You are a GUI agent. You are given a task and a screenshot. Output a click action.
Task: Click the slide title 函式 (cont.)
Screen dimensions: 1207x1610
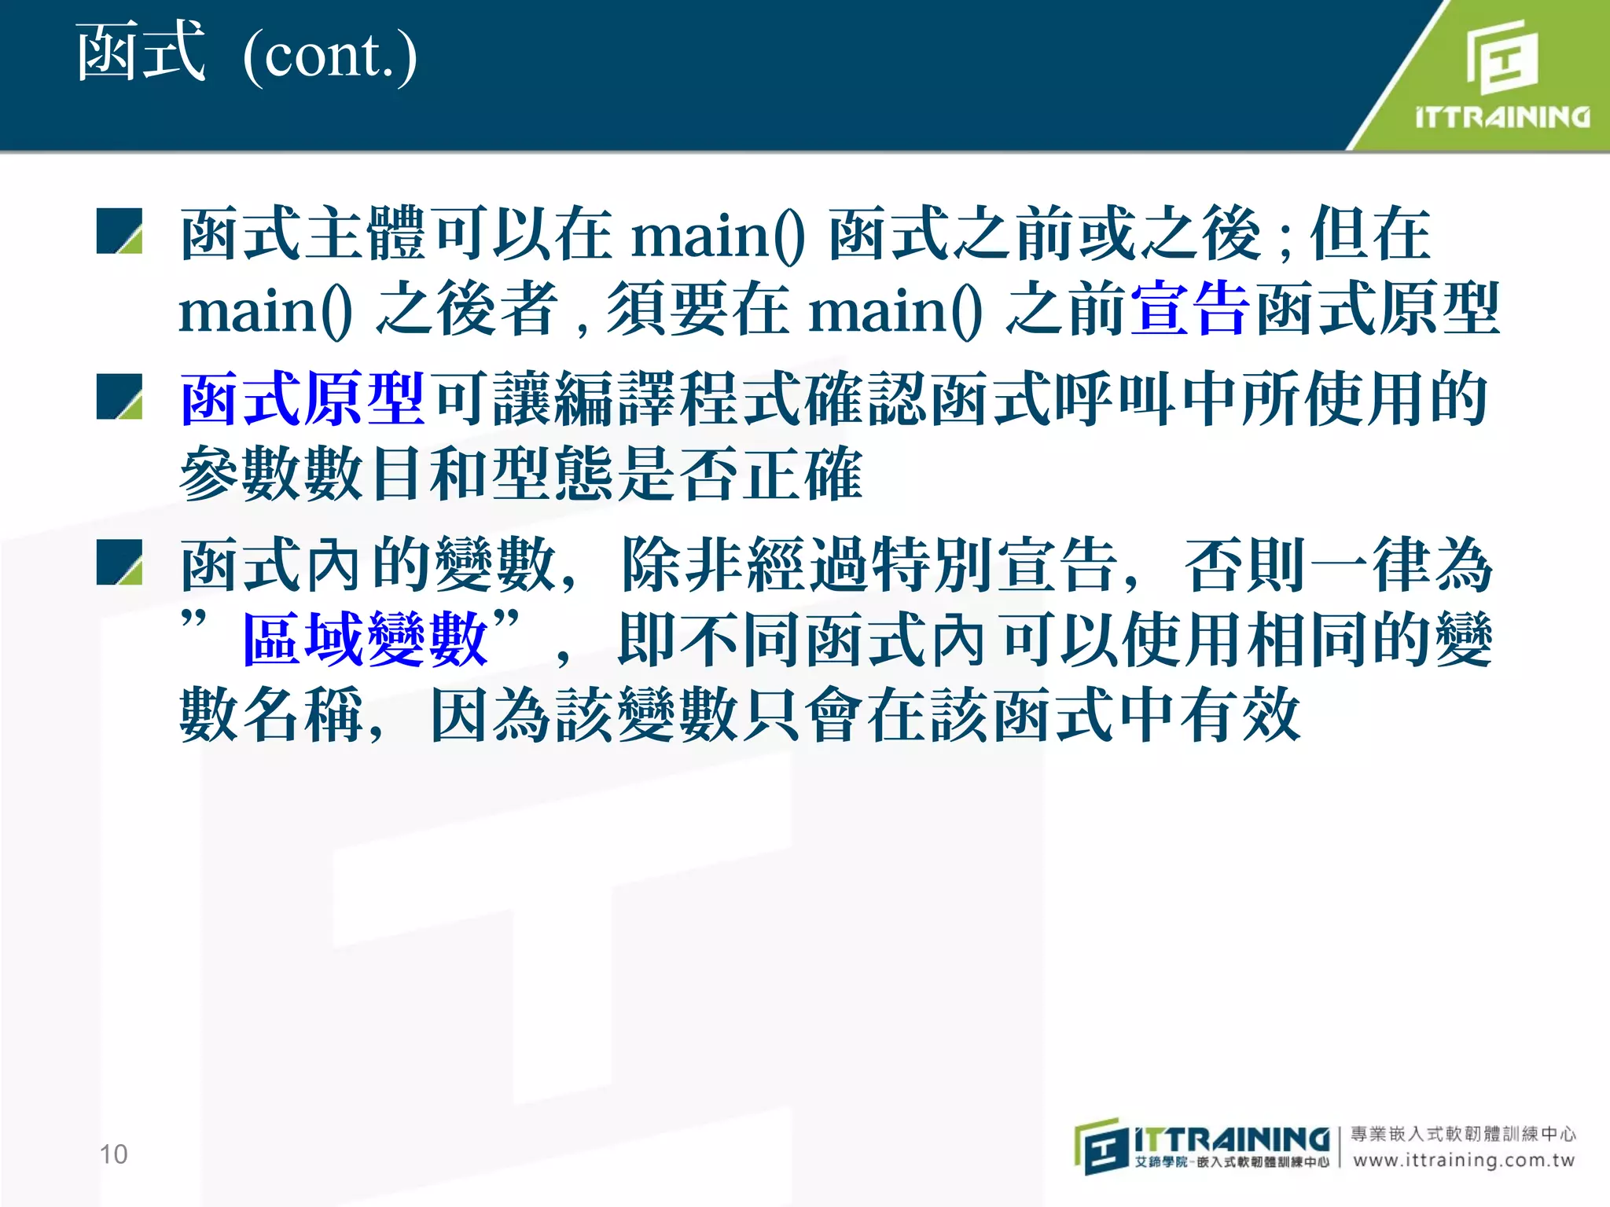coord(245,53)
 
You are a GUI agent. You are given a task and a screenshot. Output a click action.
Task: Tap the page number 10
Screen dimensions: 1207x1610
coord(113,1154)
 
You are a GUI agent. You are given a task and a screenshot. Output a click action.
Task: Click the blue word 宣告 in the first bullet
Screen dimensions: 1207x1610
coord(1189,310)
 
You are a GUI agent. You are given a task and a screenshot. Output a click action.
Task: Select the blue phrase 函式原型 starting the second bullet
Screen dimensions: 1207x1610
coord(303,399)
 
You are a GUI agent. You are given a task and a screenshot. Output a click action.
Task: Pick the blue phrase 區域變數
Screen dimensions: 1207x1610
coord(366,640)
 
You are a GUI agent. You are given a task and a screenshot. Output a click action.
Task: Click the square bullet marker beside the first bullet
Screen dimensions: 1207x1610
coord(119,231)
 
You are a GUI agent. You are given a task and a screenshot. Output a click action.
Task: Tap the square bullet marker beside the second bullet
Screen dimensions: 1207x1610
coord(119,397)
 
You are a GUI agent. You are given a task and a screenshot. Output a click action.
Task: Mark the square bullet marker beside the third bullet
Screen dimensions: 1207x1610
coord(119,563)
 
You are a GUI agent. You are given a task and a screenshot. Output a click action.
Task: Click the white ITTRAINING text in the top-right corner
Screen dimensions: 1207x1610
coord(1502,118)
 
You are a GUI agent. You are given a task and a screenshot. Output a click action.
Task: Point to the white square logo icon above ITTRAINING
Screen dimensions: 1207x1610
coord(1502,57)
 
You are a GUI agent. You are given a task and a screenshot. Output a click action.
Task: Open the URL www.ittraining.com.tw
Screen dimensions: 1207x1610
coord(1464,1161)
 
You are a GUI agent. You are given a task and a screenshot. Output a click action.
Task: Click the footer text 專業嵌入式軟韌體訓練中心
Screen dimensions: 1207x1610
coord(1464,1134)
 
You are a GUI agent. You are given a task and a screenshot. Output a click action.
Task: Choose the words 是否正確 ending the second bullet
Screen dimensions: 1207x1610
coord(739,474)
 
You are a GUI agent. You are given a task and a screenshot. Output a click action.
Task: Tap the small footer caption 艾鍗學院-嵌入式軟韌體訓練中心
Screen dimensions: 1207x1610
coord(1231,1162)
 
